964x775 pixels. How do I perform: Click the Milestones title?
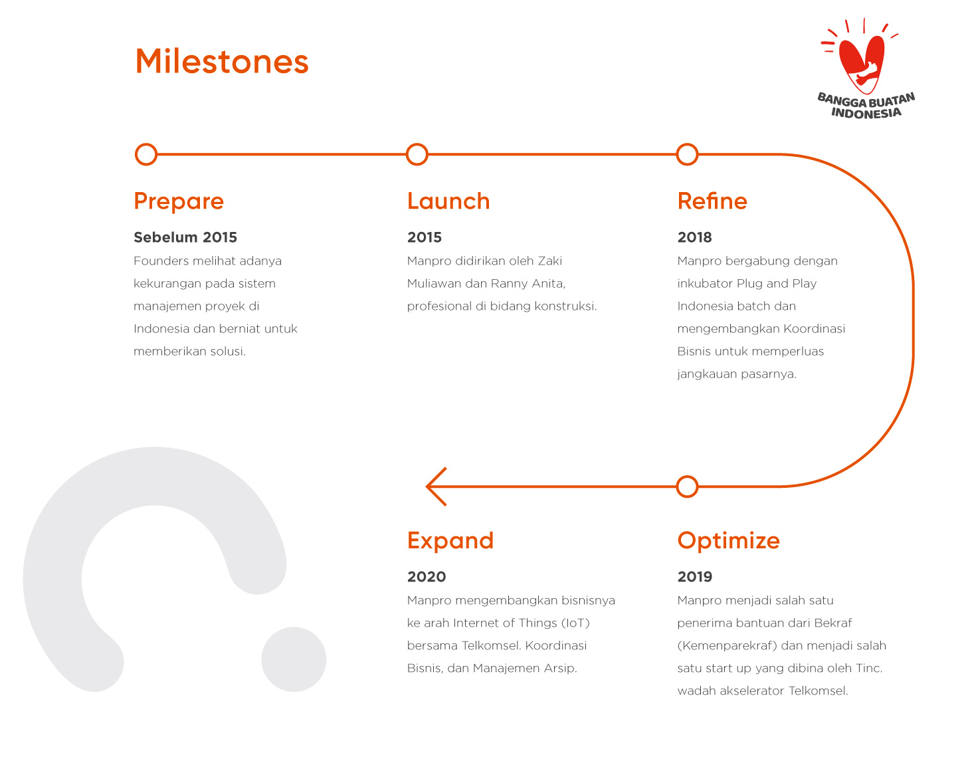pyautogui.click(x=222, y=61)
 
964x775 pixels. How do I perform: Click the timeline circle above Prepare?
pyautogui.click(x=146, y=155)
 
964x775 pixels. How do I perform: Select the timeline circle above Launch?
pyautogui.click(x=417, y=155)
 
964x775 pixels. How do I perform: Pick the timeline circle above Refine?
pyautogui.click(x=687, y=155)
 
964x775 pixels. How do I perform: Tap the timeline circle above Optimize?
pyautogui.click(x=687, y=487)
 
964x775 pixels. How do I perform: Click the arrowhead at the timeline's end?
pyautogui.click(x=427, y=487)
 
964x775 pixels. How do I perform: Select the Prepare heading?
pyautogui.click(x=179, y=202)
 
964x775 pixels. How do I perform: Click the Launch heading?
pyautogui.click(x=448, y=201)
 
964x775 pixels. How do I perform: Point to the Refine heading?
pyautogui.click(x=712, y=201)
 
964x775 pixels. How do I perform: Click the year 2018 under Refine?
pyautogui.click(x=694, y=237)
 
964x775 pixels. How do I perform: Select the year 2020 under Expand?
pyautogui.click(x=427, y=577)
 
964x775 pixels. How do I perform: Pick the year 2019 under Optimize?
pyautogui.click(x=695, y=577)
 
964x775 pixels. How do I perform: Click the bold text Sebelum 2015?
pyautogui.click(x=185, y=237)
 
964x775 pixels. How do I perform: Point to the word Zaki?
pyautogui.click(x=550, y=261)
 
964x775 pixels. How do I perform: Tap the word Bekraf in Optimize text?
pyautogui.click(x=833, y=623)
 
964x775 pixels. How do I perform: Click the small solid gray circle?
pyautogui.click(x=294, y=659)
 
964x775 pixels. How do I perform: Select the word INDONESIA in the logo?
pyautogui.click(x=866, y=113)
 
